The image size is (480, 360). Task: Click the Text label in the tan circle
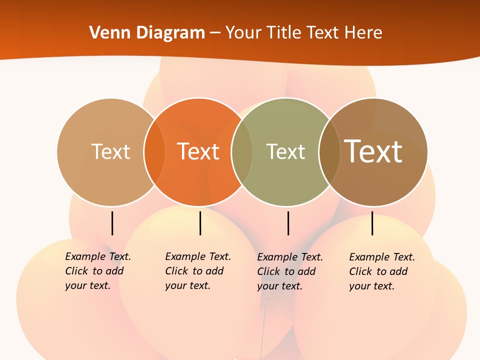(110, 151)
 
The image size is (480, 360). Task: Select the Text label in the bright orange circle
(198, 151)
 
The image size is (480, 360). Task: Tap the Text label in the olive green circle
(285, 151)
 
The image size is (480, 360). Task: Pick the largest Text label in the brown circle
(373, 151)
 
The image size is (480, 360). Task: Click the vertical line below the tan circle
(112, 223)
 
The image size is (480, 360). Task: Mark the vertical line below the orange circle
(200, 223)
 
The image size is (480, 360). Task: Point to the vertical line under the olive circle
(288, 223)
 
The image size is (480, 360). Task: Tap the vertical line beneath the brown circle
(372, 223)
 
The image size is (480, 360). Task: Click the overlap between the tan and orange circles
(154, 152)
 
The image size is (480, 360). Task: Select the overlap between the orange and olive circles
(242, 152)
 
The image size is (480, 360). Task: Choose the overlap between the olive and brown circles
(329, 152)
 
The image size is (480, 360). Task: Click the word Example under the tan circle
(85, 256)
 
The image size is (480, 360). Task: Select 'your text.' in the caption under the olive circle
(279, 286)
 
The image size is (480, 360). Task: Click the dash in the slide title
(215, 33)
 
